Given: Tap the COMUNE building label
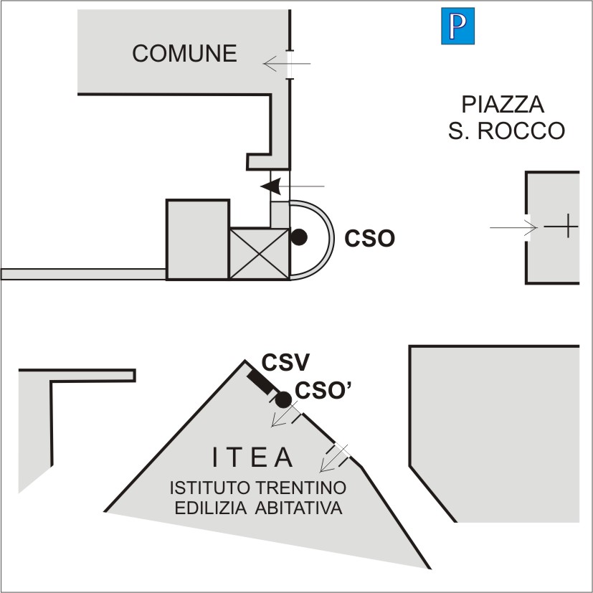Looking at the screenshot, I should pyautogui.click(x=185, y=53).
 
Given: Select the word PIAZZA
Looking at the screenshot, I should pyautogui.click(x=503, y=105).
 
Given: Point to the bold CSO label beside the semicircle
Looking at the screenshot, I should pyautogui.click(x=369, y=238).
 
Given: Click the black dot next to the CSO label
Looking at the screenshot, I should pyautogui.click(x=299, y=237).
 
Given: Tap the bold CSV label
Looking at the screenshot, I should pyautogui.click(x=279, y=363).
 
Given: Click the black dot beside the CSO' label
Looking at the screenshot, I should pyautogui.click(x=284, y=399).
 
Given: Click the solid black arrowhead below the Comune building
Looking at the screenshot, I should pyautogui.click(x=270, y=186).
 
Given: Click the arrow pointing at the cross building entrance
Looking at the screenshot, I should pyautogui.click(x=514, y=228).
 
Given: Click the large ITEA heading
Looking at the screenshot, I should pyautogui.click(x=253, y=457).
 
